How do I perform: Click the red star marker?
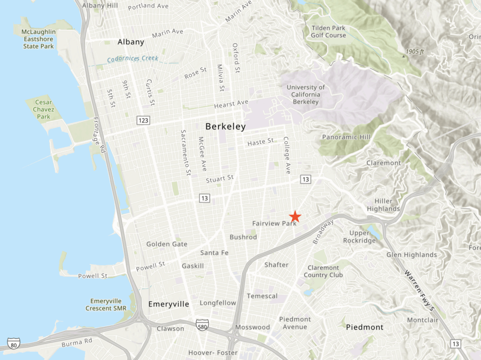click(295, 216)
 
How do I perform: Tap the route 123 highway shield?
click(144, 121)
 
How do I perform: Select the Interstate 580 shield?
click(201, 325)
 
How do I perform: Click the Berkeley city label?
click(225, 126)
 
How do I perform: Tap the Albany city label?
click(131, 42)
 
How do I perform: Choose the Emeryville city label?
click(169, 304)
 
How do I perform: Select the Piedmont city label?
click(365, 327)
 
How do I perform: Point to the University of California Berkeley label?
click(305, 94)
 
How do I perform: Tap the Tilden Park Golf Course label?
click(328, 31)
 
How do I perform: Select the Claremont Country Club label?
click(323, 271)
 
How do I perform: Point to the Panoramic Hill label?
click(346, 137)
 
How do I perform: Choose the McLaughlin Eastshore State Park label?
click(39, 39)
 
